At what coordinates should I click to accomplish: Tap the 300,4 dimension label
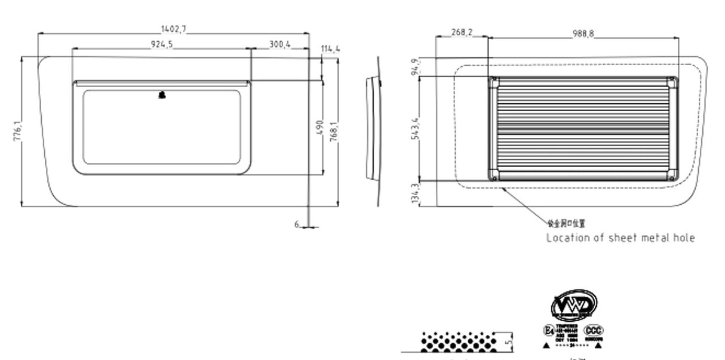(279, 44)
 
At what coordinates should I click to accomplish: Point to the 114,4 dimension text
(330, 48)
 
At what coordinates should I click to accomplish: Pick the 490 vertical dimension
(319, 127)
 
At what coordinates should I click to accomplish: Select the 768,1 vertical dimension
(334, 131)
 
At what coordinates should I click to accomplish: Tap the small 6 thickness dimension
(297, 224)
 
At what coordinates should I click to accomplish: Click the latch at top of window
(162, 94)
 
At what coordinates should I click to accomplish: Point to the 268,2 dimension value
(461, 33)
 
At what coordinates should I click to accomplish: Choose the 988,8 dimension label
(583, 33)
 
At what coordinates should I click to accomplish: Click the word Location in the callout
(567, 238)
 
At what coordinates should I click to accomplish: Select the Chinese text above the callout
(566, 223)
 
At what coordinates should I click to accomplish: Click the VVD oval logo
(573, 305)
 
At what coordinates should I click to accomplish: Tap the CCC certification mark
(594, 331)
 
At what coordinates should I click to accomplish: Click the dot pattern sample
(459, 341)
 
